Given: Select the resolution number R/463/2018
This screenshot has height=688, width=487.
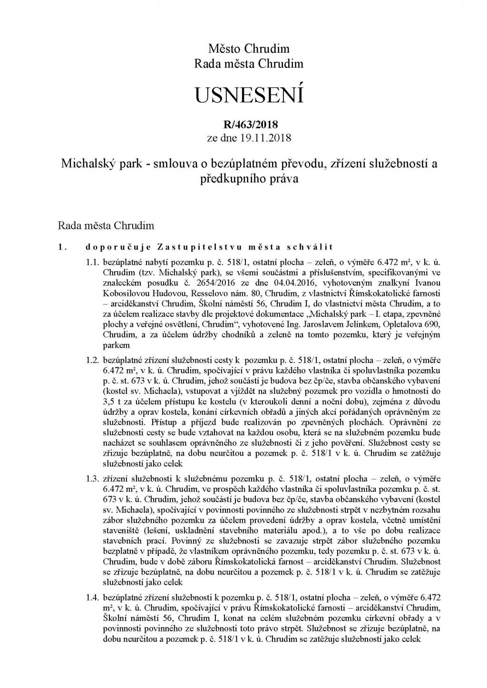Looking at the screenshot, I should (249, 125).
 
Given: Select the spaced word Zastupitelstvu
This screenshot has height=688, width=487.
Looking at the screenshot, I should (182, 247).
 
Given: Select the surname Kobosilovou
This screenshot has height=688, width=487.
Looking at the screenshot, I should (125, 304).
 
